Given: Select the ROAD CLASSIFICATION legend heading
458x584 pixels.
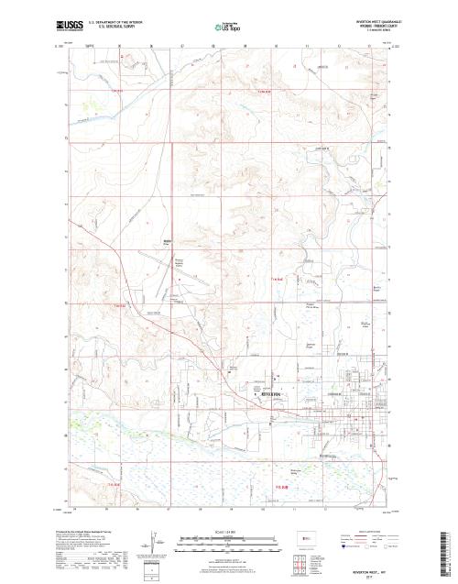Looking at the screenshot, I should tap(371, 530).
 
